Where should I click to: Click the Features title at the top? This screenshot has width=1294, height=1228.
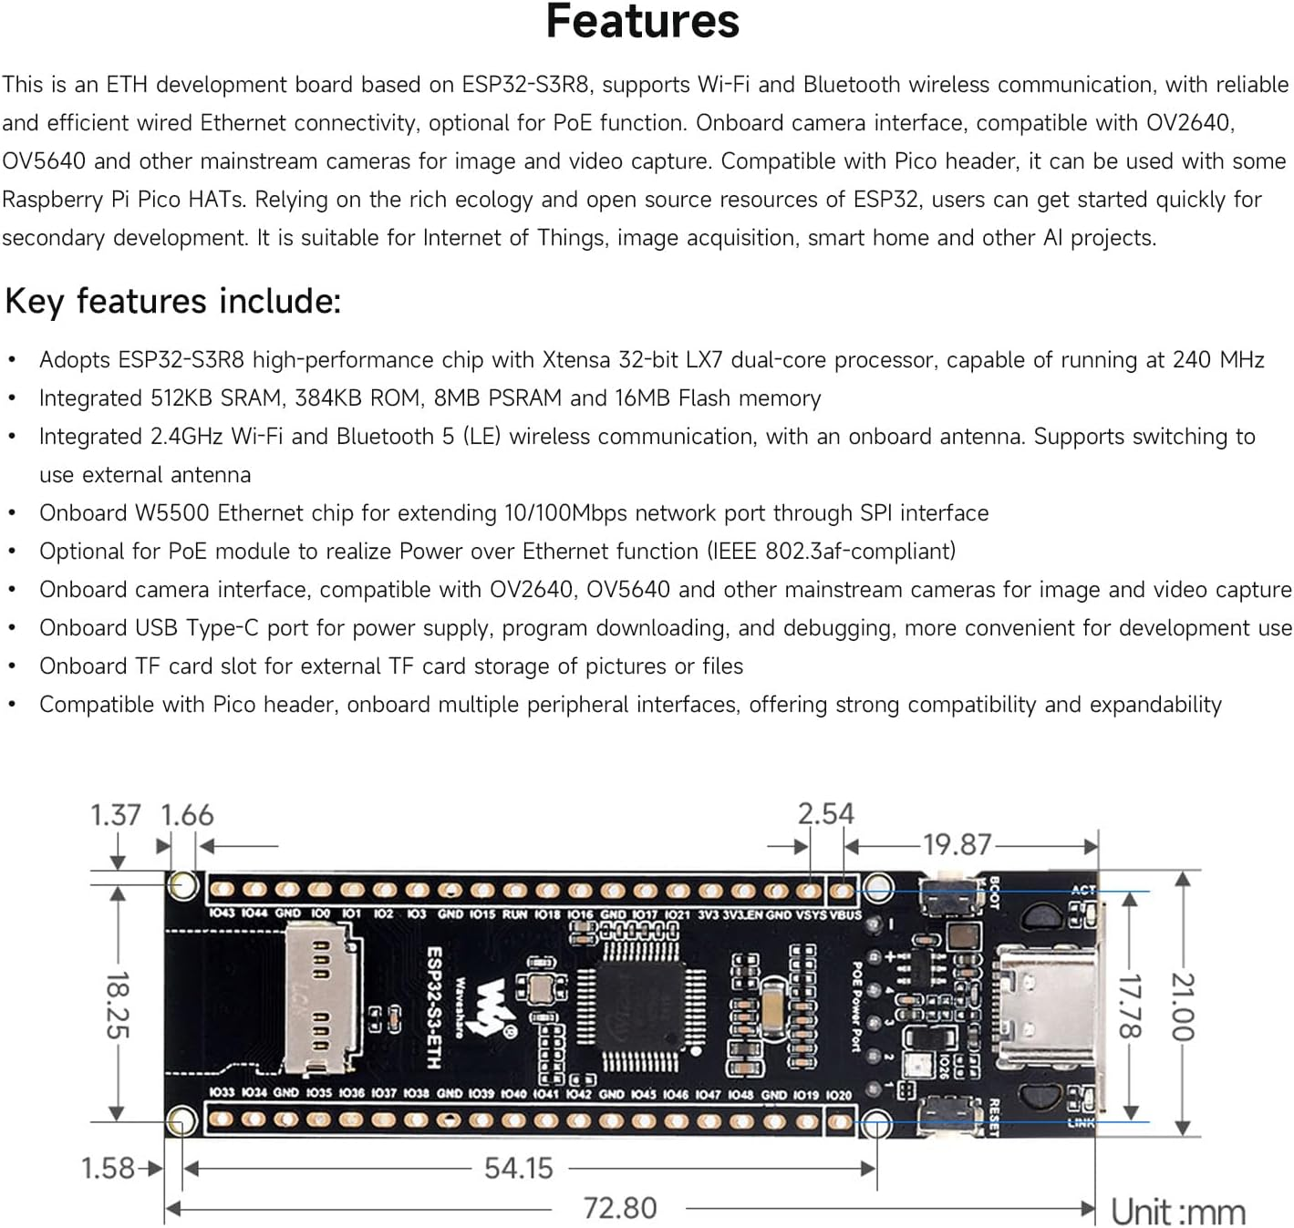[642, 22]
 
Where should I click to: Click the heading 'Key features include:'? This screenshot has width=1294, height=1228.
[173, 301]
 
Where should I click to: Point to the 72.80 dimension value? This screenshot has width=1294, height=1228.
[620, 1208]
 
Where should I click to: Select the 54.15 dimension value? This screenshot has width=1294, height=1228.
[518, 1168]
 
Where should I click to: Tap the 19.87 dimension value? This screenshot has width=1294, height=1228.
[956, 844]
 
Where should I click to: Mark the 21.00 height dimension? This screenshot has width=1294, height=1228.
[1182, 1006]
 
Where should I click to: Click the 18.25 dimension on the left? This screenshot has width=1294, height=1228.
[118, 1005]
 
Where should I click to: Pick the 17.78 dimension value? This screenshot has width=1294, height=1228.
[1130, 1006]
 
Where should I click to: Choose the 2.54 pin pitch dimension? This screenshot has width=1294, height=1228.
[825, 813]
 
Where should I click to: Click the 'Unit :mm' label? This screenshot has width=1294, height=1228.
[1177, 1213]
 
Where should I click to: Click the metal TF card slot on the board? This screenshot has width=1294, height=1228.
[318, 998]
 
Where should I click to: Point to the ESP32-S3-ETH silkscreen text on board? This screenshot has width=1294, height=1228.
[435, 1006]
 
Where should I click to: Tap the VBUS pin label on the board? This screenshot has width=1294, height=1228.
[845, 914]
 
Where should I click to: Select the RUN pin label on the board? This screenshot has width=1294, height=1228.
[514, 913]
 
